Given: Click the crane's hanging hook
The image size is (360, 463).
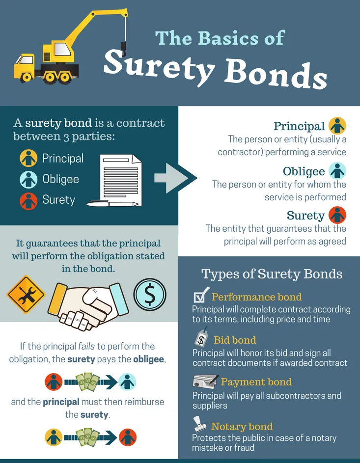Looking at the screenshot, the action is coord(124,49).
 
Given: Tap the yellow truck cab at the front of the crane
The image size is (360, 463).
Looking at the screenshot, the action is coord(24,65).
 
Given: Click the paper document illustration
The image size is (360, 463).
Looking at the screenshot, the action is coord(121,180).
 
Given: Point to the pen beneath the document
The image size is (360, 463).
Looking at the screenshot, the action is coord(112,203).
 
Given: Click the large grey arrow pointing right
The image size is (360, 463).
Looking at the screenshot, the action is coord(175,178).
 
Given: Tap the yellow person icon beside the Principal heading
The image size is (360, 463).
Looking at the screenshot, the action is coord(337,126).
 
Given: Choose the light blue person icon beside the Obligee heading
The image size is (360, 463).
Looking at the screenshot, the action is coord(337,171).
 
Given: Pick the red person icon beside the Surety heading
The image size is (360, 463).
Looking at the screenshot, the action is coord(337,215).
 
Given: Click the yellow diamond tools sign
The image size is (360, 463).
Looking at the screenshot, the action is coord(26,295).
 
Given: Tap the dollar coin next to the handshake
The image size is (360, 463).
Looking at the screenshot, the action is coord(150,294).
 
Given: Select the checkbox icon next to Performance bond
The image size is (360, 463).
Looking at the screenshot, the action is coord(201,295).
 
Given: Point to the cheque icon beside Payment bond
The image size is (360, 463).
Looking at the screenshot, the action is coord(206,381).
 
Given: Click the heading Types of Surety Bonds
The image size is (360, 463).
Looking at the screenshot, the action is coord(272,274).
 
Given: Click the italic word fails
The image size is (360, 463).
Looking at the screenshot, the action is coord(86,346).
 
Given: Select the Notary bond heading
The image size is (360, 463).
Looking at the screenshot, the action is coord(242,427).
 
